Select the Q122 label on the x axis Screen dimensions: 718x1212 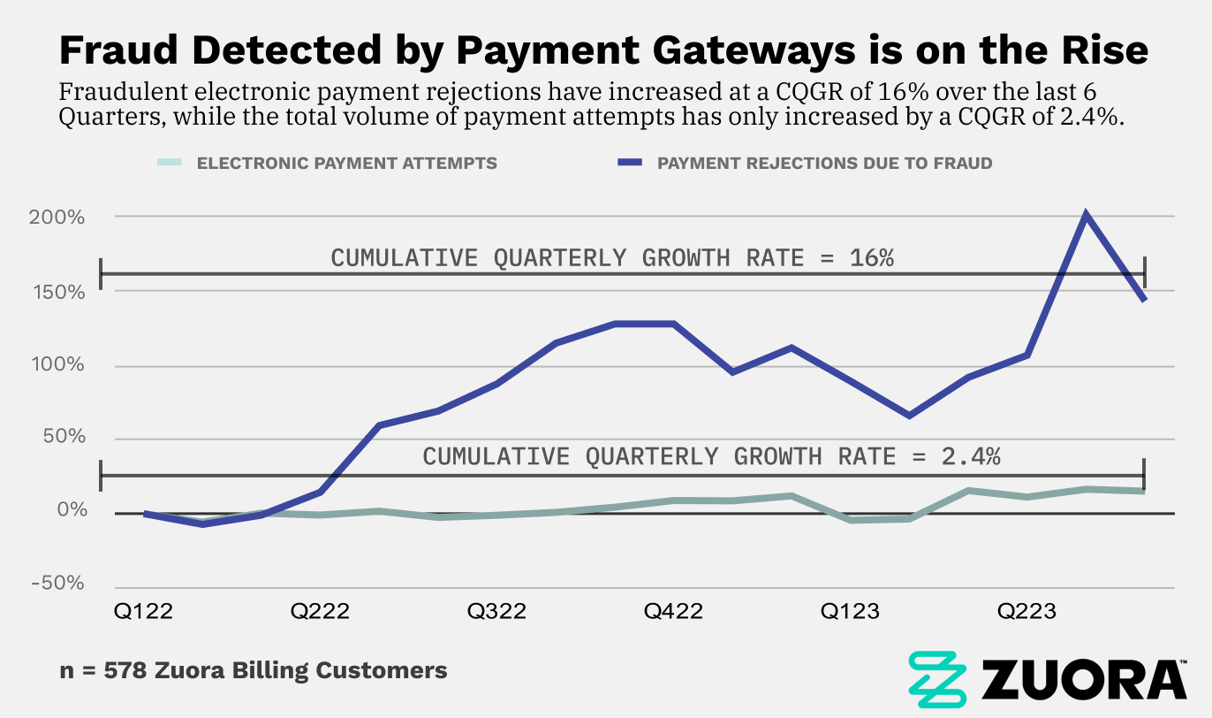pyautogui.click(x=143, y=612)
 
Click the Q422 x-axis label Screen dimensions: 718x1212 pyautogui.click(x=673, y=612)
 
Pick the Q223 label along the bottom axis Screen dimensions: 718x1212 pyautogui.click(x=1026, y=612)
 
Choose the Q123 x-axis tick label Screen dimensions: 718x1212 pyautogui.click(x=850, y=612)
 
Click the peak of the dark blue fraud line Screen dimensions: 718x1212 pyautogui.click(x=1086, y=214)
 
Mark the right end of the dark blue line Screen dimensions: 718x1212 pyautogui.click(x=1145, y=301)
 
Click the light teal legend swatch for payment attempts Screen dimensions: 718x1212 pyautogui.click(x=170, y=163)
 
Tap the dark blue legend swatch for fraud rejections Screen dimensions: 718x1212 pyautogui.click(x=628, y=163)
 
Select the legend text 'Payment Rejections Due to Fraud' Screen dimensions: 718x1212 pyautogui.click(x=824, y=164)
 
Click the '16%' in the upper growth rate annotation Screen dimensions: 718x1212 pyautogui.click(x=873, y=258)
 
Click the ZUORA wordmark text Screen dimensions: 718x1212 pyautogui.click(x=1084, y=679)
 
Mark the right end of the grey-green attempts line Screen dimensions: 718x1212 pyautogui.click(x=1145, y=491)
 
